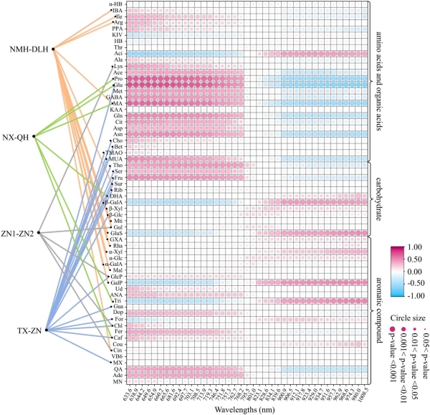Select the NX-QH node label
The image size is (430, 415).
[19, 136]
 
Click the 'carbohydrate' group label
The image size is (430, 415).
[379, 195]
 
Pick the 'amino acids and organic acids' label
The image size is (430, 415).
[380, 82]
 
